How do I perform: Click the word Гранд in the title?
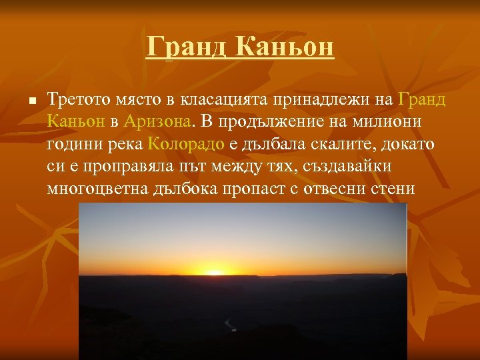click(187, 47)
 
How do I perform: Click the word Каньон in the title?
click(285, 47)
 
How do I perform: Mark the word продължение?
click(275, 123)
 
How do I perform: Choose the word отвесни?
click(338, 189)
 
